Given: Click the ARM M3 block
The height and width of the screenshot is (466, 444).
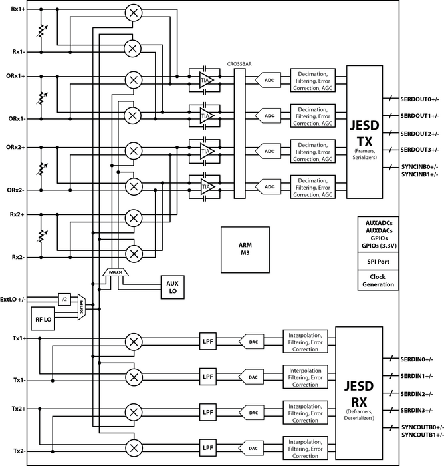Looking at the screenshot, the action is point(245,250).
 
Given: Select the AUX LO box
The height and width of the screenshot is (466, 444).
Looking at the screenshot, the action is point(172,287).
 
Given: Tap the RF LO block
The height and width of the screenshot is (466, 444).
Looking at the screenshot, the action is point(43,319).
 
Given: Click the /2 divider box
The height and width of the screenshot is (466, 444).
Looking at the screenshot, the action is point(64,300).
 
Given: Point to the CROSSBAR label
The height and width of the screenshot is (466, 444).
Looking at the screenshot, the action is point(239,64).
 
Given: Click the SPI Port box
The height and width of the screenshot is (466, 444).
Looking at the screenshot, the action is point(378,262).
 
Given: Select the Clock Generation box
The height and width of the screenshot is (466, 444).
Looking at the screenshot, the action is point(378,280).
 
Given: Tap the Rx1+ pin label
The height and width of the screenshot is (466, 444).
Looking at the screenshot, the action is point(18,9).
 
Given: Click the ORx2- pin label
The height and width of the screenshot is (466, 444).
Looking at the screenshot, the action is point(16,190).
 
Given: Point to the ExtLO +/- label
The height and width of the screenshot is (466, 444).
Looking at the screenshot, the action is point(13,300).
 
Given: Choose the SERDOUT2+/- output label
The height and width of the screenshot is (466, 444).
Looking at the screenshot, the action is point(419,134).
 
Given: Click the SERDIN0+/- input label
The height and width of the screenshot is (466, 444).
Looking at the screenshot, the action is point(417,359).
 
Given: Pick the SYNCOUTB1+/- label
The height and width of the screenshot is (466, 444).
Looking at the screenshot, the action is point(423,435).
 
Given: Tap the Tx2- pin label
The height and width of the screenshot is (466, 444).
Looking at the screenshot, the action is point(19,451).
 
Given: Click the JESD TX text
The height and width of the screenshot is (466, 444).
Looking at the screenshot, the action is point(364,133).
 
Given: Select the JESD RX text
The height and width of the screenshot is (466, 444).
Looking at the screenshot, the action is point(358,394).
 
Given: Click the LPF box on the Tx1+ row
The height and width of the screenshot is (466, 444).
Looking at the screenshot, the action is point(208,342).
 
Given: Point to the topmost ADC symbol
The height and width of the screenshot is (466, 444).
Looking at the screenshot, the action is point(268,80).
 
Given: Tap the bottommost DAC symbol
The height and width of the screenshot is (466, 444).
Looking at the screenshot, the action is point(251,449).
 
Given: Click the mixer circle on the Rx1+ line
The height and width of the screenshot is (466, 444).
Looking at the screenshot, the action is point(134,13).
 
